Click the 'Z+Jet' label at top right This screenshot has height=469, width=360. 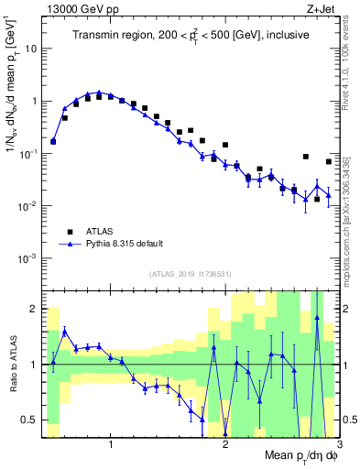(x=321, y=7)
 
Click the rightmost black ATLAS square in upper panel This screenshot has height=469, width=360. (x=329, y=162)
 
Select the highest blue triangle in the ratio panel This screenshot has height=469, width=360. (x=317, y=318)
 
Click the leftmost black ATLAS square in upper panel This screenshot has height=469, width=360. (x=53, y=141)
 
